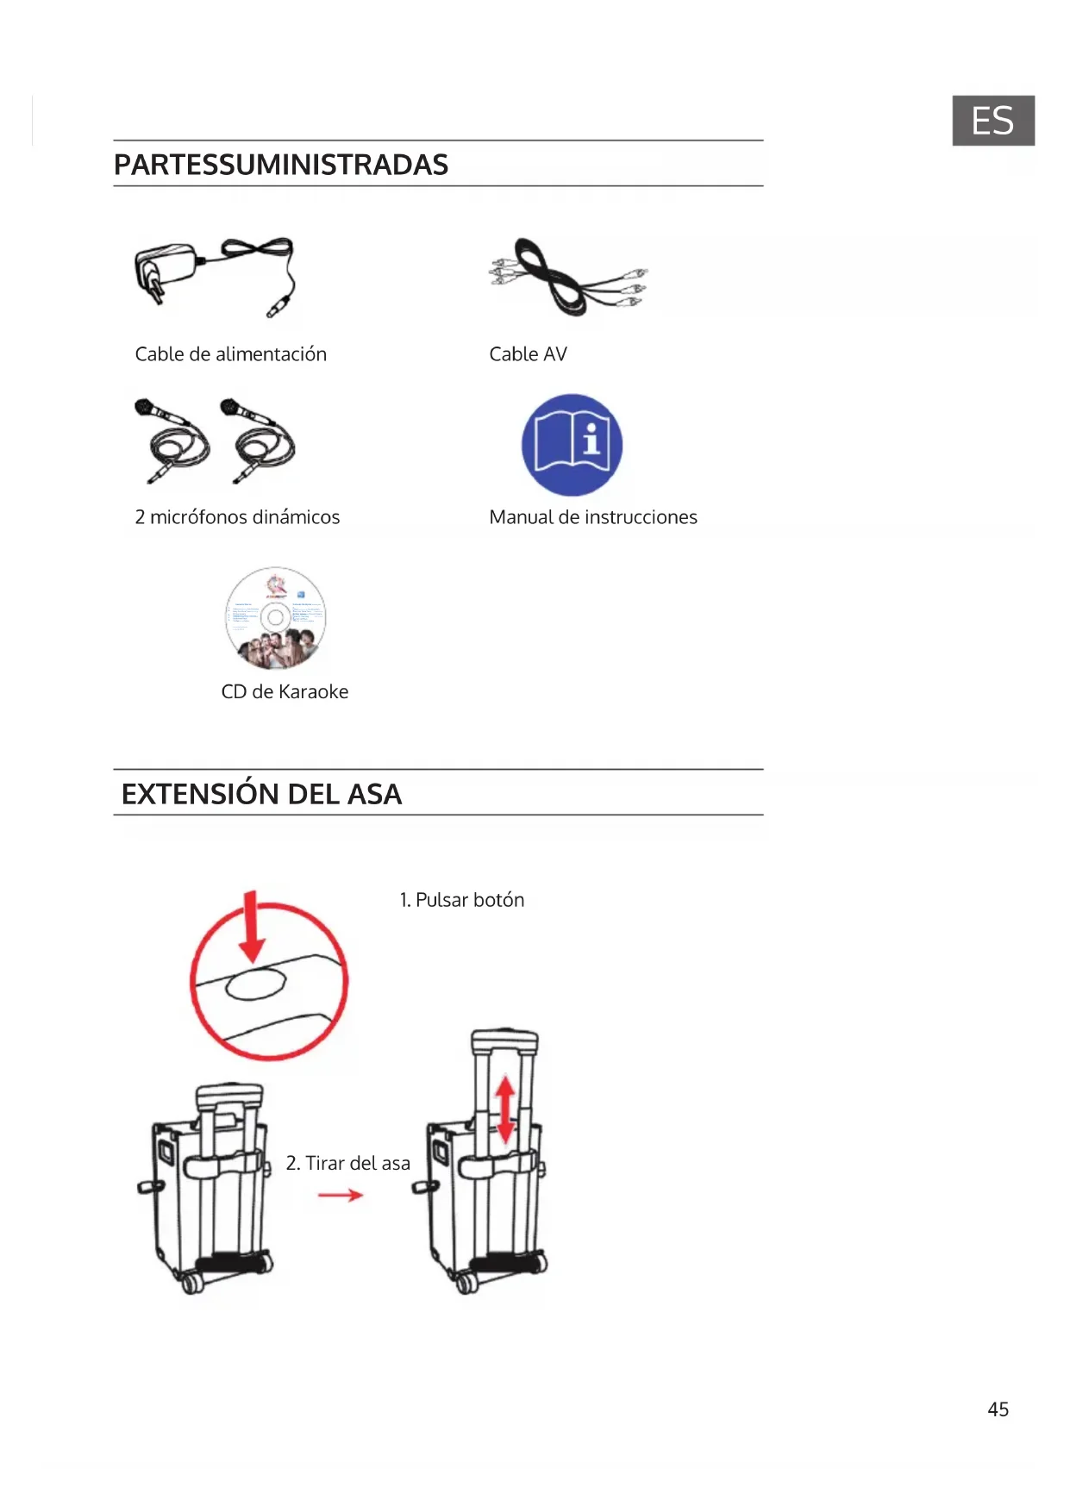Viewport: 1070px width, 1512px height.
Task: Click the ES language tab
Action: point(992,121)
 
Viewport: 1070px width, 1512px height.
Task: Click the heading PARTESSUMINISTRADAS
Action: point(281,165)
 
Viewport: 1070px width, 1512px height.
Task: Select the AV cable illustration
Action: point(567,277)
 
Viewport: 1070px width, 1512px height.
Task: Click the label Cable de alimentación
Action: point(231,354)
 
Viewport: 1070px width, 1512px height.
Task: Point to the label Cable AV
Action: point(528,354)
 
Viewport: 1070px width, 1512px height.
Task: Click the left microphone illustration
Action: point(172,440)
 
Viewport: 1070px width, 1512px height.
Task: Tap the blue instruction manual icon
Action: point(572,445)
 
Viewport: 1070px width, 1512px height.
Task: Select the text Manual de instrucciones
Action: point(593,517)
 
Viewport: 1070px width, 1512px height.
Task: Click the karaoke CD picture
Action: point(276,618)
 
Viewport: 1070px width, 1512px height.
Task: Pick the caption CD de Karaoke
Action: point(285,691)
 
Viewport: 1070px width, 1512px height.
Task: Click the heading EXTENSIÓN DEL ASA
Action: point(261,794)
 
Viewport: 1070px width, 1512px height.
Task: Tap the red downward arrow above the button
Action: point(252,927)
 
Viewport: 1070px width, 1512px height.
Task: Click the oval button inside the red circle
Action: point(255,984)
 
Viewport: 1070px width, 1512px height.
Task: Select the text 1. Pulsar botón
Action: point(462,900)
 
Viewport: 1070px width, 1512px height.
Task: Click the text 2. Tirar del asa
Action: point(348,1163)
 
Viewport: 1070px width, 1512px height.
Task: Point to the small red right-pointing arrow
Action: point(341,1195)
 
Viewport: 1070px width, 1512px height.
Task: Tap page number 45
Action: point(998,1409)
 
